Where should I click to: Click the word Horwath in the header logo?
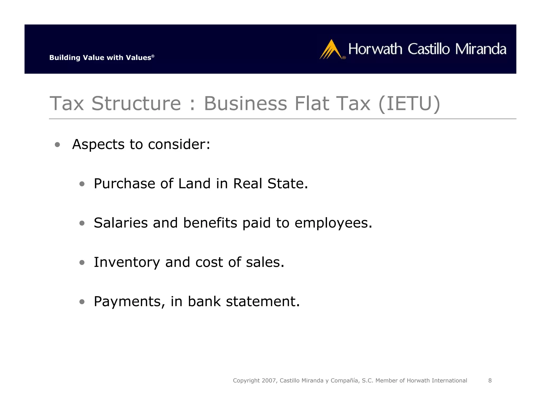375,49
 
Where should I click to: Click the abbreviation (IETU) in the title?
409,103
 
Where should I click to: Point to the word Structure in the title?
136,103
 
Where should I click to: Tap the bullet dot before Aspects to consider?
57,145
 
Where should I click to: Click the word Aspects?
98,145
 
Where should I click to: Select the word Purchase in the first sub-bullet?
124,184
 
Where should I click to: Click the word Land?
194,184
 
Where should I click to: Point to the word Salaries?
120,223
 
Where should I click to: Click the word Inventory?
127,262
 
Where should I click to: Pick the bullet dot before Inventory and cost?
82,262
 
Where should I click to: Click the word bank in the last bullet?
204,301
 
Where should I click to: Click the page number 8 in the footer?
490,380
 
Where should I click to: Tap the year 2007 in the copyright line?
269,380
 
